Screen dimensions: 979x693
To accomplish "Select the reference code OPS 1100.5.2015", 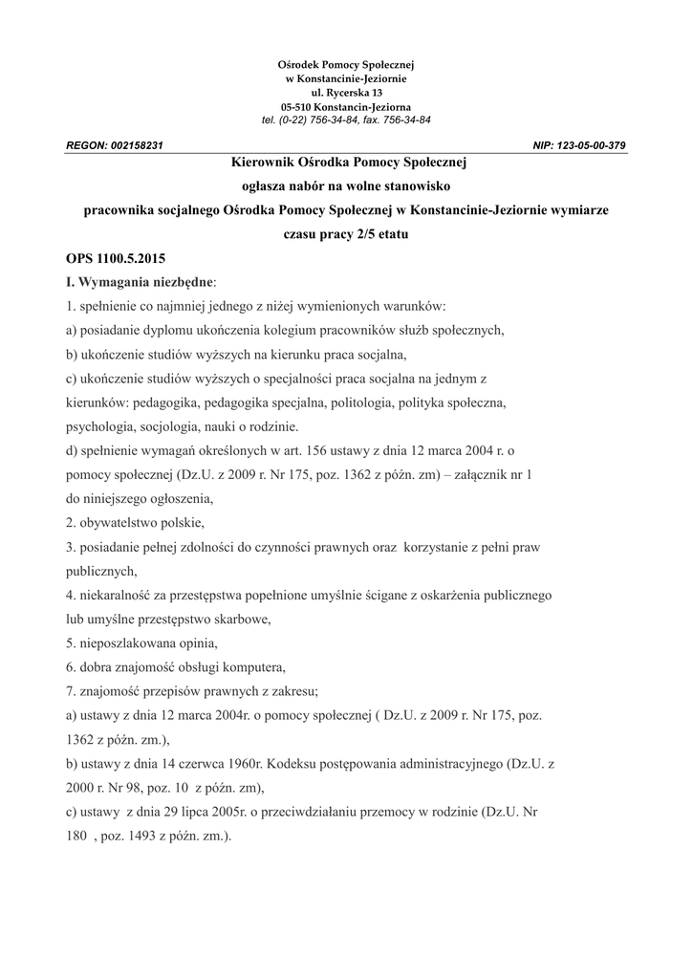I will pyautogui.click(x=116, y=259).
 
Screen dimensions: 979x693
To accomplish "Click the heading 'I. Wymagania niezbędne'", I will pyautogui.click(x=140, y=283).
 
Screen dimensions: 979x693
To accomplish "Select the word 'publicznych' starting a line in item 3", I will pyautogui.click(x=100, y=571).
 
